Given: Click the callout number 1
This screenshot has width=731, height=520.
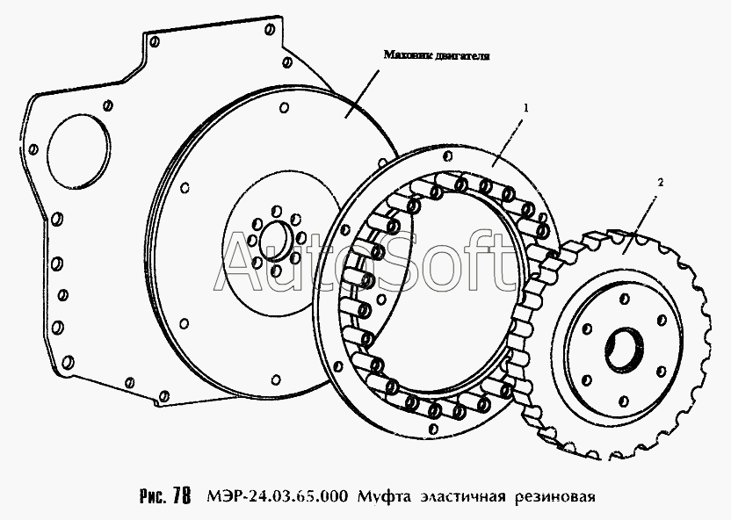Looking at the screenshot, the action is pos(526,108).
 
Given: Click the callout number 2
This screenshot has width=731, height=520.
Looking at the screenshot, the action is pos(660,183).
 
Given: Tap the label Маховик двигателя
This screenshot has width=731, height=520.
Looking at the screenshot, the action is pos(437,55).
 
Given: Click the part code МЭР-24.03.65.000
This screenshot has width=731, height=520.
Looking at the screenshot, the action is pos(277,496).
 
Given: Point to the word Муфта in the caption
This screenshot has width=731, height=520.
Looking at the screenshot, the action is pos(384,497).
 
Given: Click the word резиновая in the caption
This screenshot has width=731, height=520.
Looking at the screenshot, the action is pos(554,497).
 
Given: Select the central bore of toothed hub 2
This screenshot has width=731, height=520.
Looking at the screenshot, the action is pos(624,350).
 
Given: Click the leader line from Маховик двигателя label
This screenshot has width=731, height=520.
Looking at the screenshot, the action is pos(362,94).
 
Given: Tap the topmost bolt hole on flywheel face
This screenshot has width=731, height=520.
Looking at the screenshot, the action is pos(284,107).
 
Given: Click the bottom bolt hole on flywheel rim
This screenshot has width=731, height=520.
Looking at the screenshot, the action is pos(276,379).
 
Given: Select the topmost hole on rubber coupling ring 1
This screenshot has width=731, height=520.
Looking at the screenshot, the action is pos(449,155).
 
